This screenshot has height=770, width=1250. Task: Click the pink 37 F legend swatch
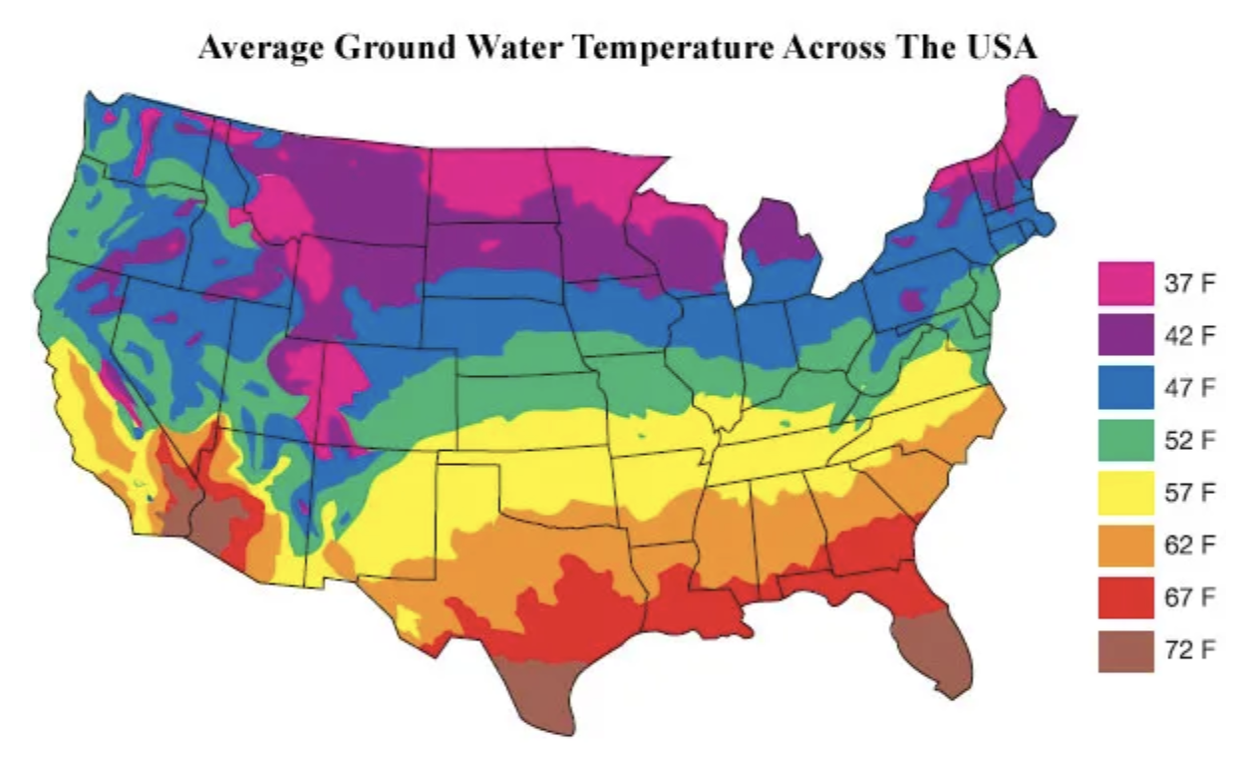pos(1125,283)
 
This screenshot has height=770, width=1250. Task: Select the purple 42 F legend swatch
pos(1125,335)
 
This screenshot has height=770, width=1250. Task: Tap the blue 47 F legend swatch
pos(1125,387)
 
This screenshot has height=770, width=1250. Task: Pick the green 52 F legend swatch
pos(1125,440)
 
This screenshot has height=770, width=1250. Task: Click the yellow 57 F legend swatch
pos(1125,493)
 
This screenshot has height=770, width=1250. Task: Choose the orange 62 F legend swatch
pos(1125,546)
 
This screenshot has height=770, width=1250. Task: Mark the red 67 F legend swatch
pos(1125,597)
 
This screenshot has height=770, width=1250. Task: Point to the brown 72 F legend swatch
pos(1125,650)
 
